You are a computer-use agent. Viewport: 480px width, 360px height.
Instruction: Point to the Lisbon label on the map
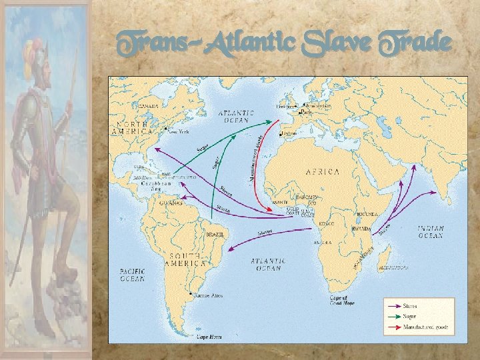point(289,133)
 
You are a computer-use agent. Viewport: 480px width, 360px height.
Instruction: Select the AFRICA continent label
point(322,171)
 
